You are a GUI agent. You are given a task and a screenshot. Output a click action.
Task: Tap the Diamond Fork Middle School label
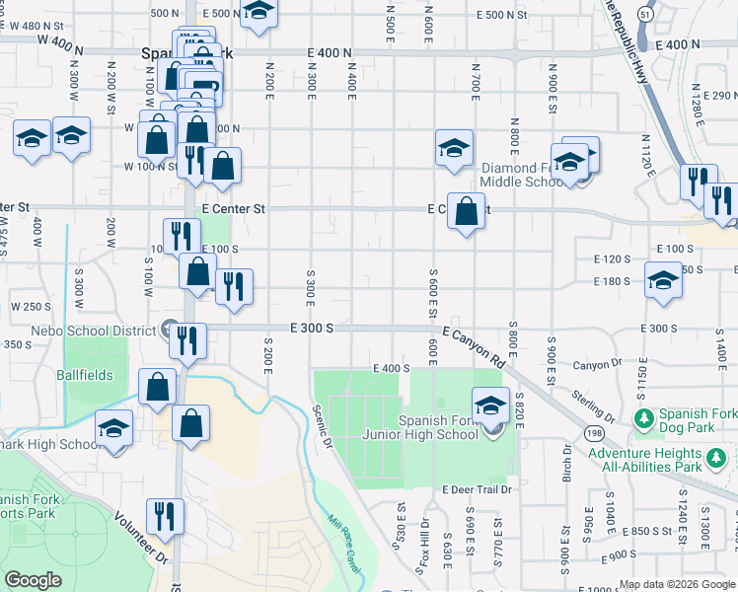coord(522,174)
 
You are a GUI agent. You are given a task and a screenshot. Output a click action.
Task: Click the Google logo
coord(34,580)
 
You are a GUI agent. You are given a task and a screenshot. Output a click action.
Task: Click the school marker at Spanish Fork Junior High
coord(490,406)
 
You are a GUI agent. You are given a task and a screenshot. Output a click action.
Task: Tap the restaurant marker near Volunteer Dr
coord(165,517)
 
